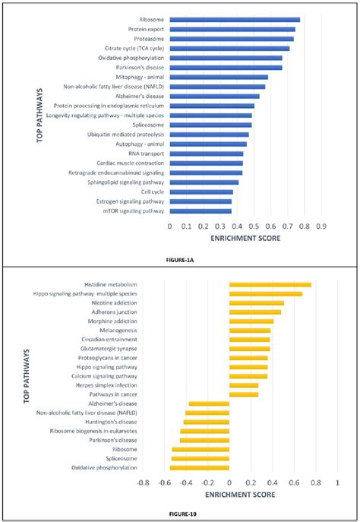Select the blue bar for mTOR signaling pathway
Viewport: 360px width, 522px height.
201,210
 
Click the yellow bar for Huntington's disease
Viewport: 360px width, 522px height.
206,422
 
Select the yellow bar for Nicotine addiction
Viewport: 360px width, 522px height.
257,302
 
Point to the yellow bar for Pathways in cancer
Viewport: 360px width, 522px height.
244,394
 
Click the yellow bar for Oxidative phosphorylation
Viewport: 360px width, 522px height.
199,467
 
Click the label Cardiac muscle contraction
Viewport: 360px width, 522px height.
128,163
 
